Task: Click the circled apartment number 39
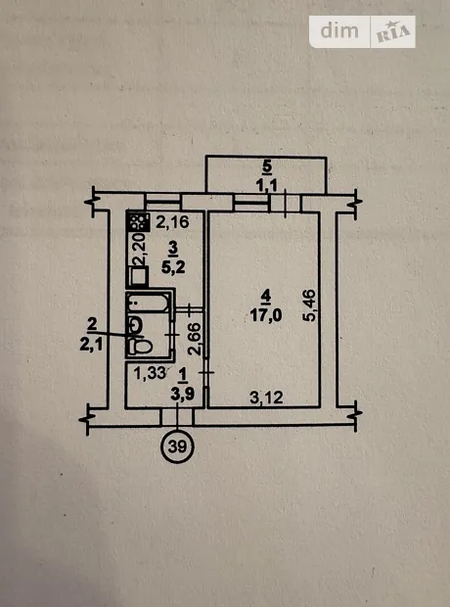pos(177,447)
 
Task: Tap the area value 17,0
pos(266,315)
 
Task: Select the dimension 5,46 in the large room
pos(310,305)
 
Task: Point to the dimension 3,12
pos(266,397)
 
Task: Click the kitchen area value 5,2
pos(173,266)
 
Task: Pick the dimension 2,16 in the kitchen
pos(172,222)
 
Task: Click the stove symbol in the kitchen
pos(138,222)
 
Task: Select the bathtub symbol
pos(148,303)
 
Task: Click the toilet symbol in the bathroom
pos(140,346)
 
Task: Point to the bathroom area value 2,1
pos(91,345)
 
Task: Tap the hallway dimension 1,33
pos(150,374)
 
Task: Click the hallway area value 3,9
pos(182,395)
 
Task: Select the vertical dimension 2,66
pos(195,339)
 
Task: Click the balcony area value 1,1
pos(267,187)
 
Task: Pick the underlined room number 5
pos(267,167)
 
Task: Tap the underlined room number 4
pos(265,297)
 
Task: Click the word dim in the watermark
pos(339,30)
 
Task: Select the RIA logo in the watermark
pos(393,31)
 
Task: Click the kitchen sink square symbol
pos(139,276)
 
